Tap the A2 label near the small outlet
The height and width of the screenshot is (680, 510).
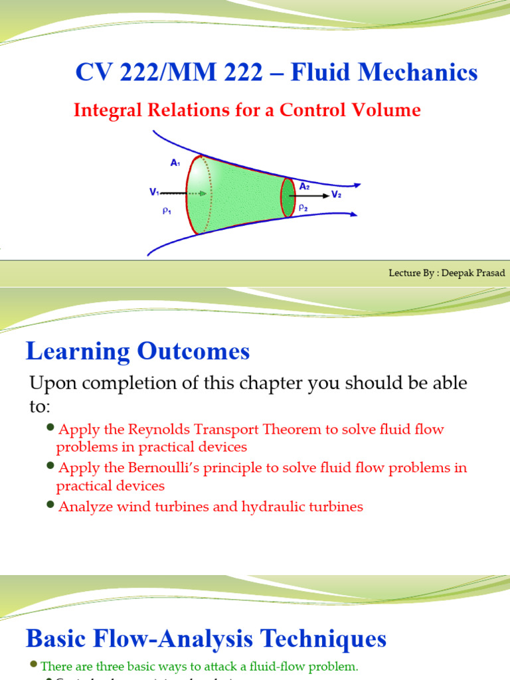pyautogui.click(x=304, y=187)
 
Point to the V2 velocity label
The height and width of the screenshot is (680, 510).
pyautogui.click(x=336, y=195)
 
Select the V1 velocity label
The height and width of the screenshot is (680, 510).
pyautogui.click(x=154, y=193)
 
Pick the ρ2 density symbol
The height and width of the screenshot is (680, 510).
pyautogui.click(x=303, y=207)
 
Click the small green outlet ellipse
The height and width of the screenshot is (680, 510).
pyautogui.click(x=288, y=197)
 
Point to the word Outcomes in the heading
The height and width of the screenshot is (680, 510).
pyautogui.click(x=193, y=351)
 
